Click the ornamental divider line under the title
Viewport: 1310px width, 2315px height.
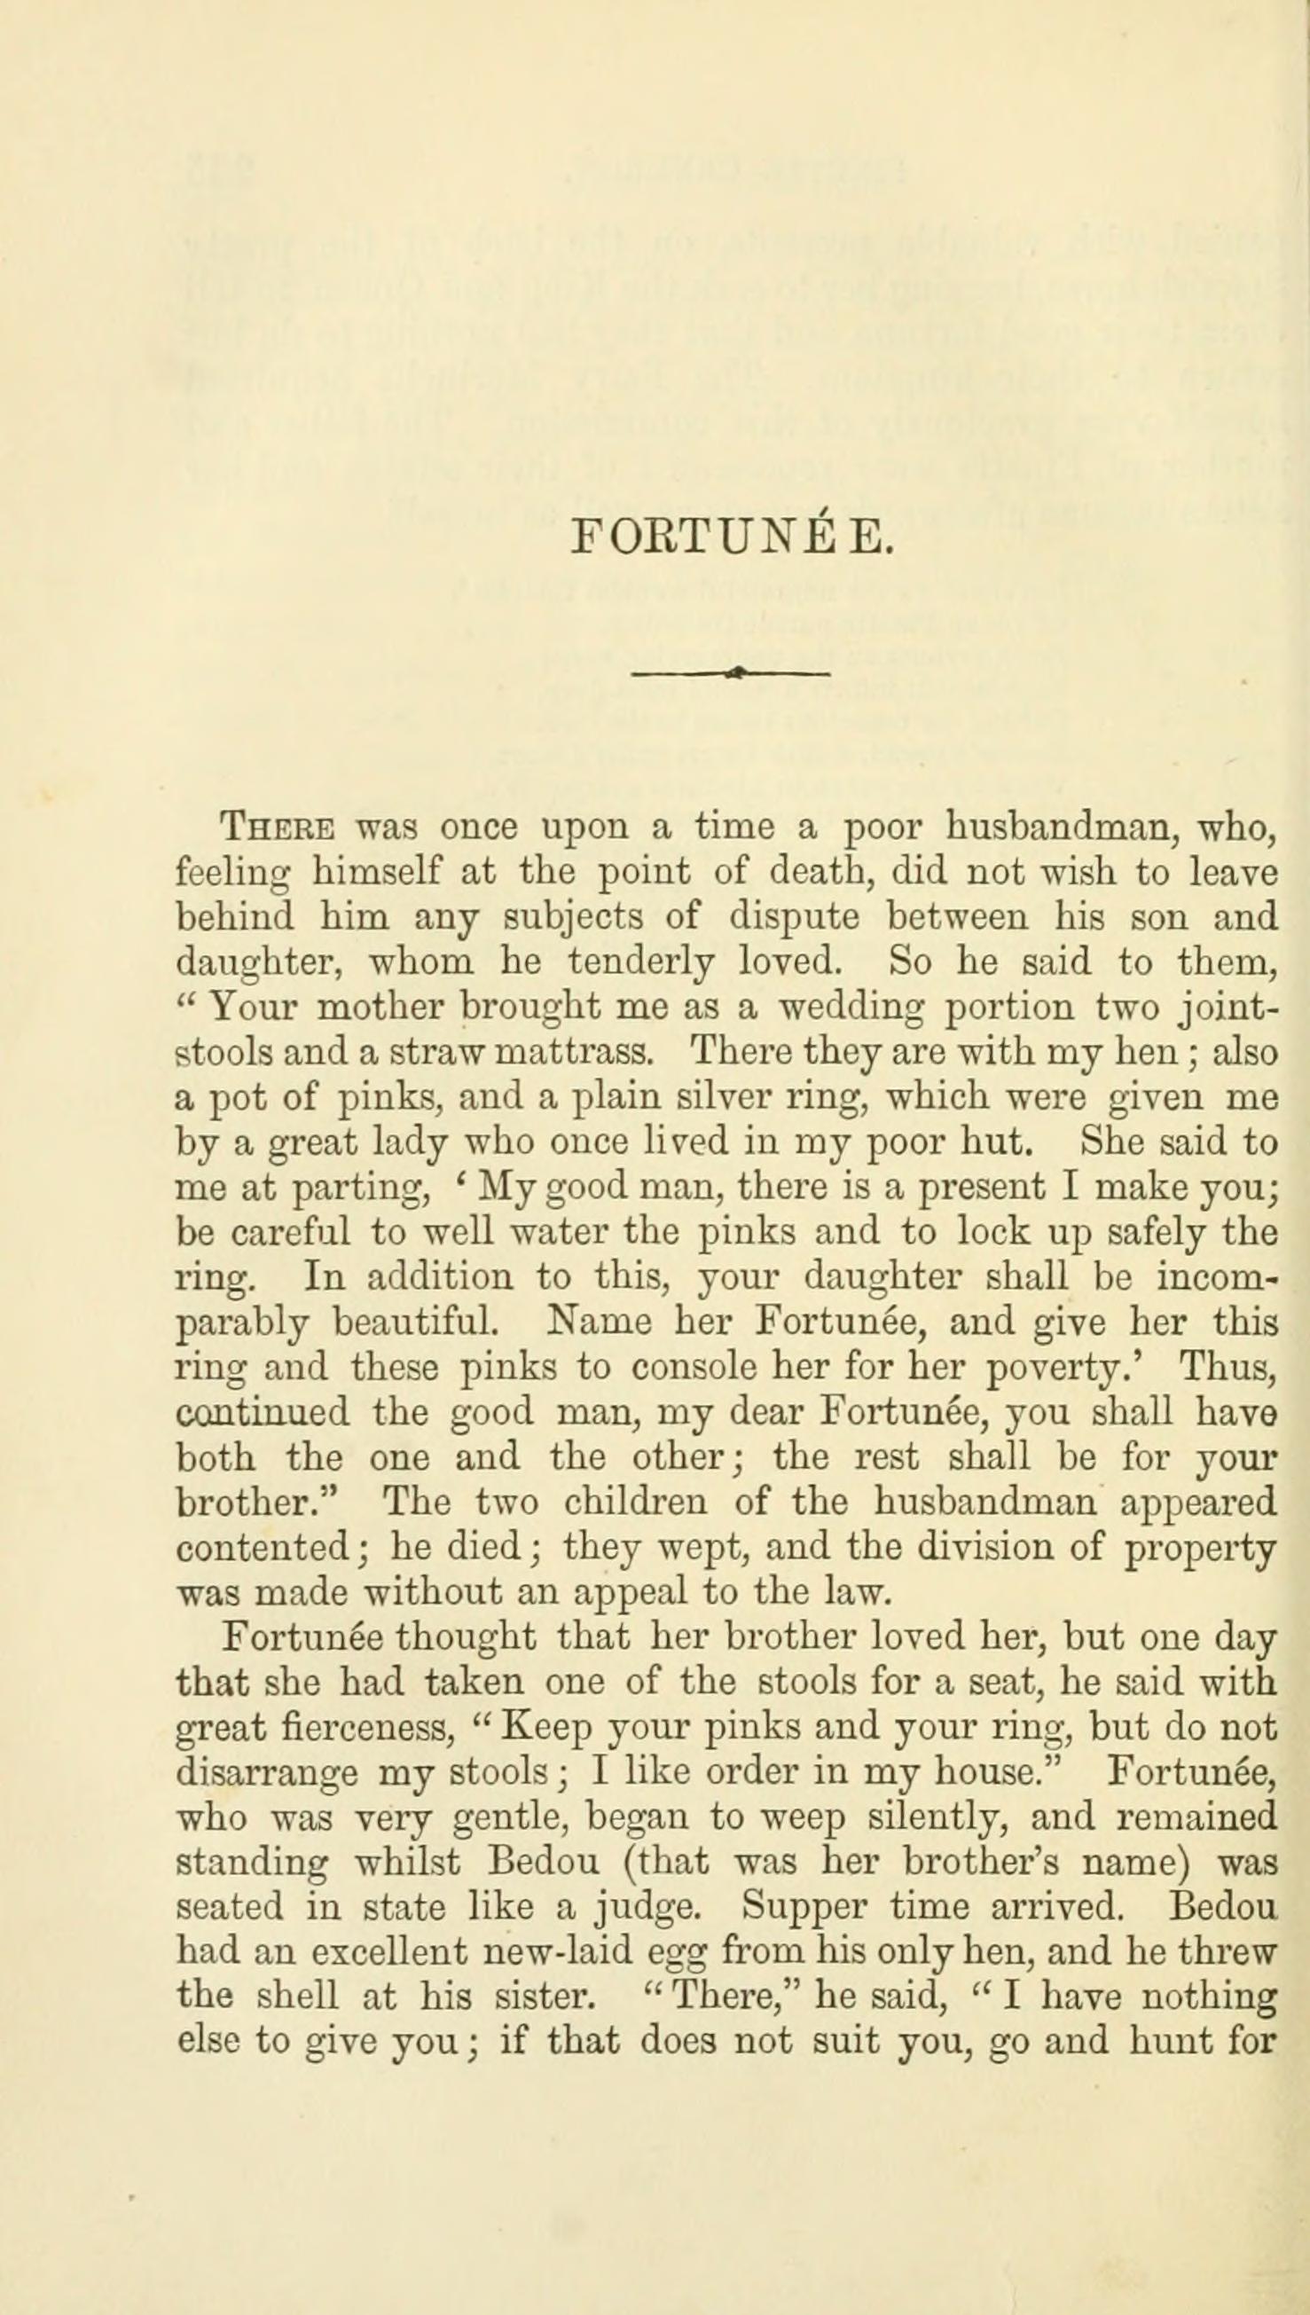click(x=732, y=672)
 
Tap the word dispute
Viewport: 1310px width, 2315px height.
click(x=793, y=917)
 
